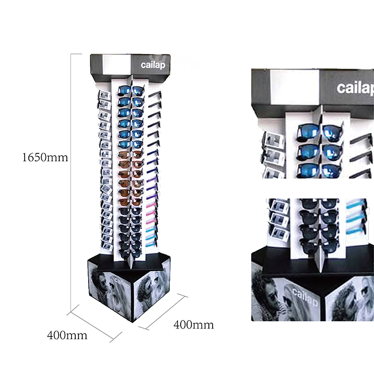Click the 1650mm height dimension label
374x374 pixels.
coord(45,158)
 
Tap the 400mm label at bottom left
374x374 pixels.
coord(67,336)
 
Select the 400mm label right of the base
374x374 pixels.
coord(193,325)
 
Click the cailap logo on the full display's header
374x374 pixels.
coord(153,65)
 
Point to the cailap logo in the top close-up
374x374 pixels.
coord(355,88)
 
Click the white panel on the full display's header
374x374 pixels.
coord(117,65)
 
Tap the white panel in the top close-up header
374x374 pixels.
coord(295,87)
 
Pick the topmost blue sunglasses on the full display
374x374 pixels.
coord(131,91)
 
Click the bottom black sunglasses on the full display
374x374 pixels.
coord(130,254)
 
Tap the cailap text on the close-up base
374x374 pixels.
coord(305,297)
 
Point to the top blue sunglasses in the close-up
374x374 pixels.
coord(320,133)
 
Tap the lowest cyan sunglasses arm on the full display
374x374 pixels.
coord(151,244)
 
